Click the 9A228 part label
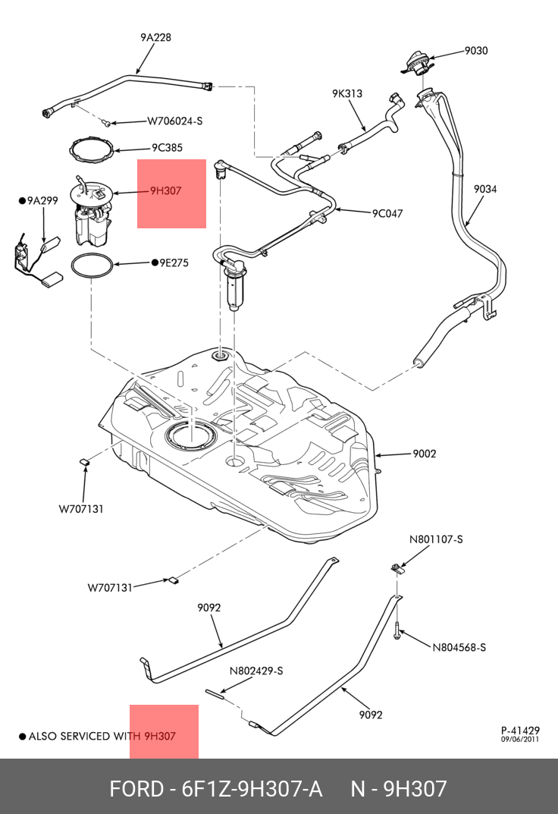tap(155, 36)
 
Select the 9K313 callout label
tap(347, 93)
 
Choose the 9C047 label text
tap(387, 213)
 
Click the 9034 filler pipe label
tap(485, 189)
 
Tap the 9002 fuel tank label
tap(425, 454)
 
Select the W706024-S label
tap(174, 121)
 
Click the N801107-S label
tap(436, 539)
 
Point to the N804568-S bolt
tap(397, 631)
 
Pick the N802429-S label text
tap(256, 671)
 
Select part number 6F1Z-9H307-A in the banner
tap(249, 789)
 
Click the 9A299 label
tap(42, 201)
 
